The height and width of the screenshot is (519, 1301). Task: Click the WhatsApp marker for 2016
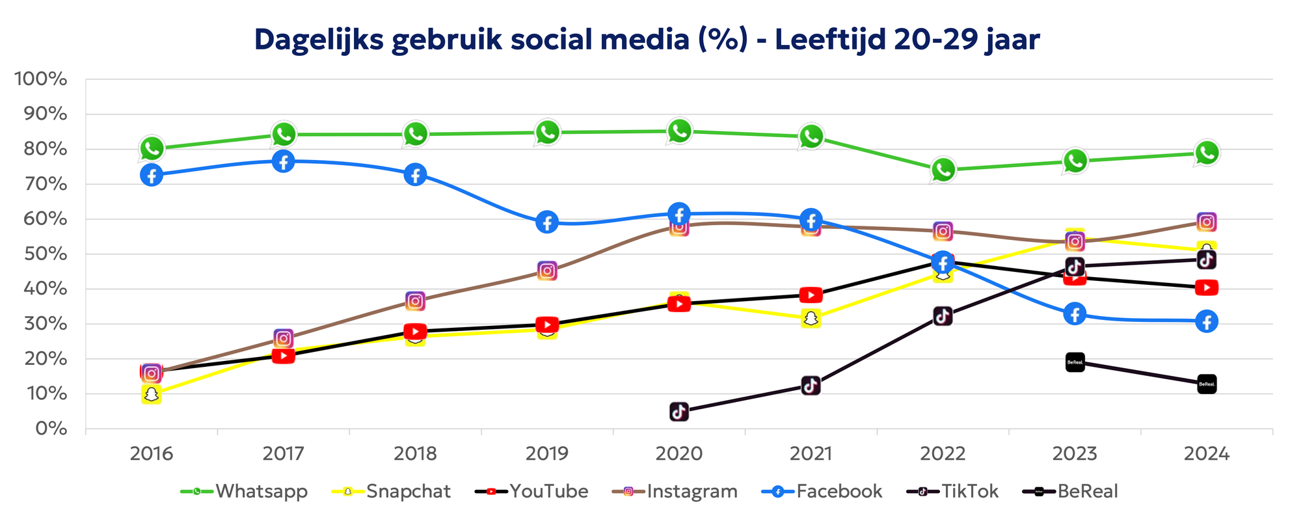[152, 149]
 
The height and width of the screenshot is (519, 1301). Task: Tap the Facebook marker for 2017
[284, 161]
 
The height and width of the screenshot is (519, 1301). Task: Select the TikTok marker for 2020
[679, 412]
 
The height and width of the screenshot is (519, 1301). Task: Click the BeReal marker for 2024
[1207, 384]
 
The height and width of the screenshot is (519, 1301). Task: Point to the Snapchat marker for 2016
[152, 394]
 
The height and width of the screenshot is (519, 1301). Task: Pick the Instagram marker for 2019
[548, 271]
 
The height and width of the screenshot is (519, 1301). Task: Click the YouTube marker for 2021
[811, 295]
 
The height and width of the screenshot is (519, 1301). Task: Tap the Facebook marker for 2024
[1207, 321]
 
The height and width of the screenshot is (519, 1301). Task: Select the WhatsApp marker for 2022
[943, 170]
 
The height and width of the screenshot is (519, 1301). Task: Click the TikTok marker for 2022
[943, 317]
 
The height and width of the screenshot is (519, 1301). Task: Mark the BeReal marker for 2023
[1075, 362]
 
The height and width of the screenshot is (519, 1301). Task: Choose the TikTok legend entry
[953, 491]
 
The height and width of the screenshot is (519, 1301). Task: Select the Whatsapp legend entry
[244, 491]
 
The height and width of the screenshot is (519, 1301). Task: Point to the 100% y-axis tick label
[40, 79]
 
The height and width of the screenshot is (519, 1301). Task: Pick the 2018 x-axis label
[416, 453]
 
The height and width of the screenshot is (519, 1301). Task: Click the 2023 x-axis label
[1075, 453]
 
